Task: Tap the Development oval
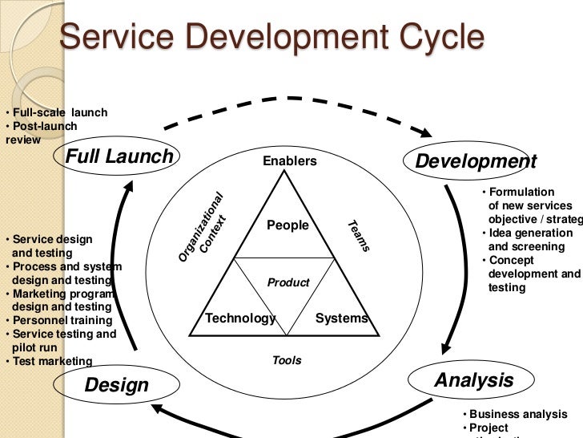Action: click(x=475, y=161)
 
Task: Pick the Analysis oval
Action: click(x=474, y=379)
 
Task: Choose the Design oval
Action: click(x=117, y=385)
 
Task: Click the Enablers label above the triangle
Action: click(x=290, y=161)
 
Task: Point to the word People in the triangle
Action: click(x=287, y=225)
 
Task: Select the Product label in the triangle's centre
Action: click(x=288, y=282)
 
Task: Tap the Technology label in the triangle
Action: click(x=240, y=318)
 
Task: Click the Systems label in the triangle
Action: click(x=342, y=318)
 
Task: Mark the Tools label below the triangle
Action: click(x=287, y=360)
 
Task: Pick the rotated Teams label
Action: click(x=359, y=236)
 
